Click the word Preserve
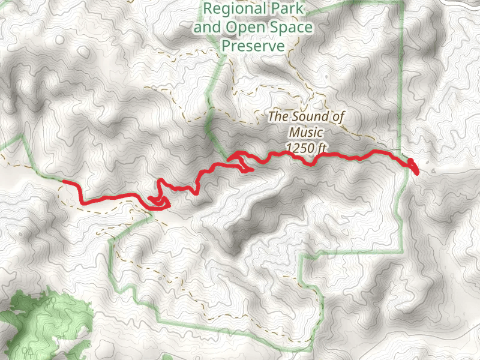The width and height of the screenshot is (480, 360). tap(253, 46)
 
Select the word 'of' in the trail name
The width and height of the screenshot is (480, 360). tap(339, 116)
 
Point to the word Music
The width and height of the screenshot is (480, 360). tap(306, 132)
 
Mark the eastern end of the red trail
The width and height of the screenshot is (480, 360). tap(416, 173)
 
